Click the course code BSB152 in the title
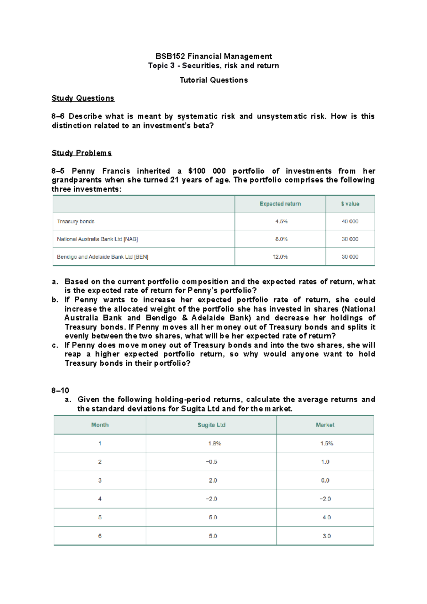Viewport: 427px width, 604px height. click(x=170, y=56)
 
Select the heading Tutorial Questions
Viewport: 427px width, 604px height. click(x=213, y=80)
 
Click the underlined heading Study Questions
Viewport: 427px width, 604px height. click(x=83, y=98)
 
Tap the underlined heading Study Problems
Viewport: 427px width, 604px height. click(x=81, y=153)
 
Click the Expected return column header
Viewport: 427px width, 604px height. click(x=280, y=204)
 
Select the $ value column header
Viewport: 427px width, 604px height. click(x=350, y=204)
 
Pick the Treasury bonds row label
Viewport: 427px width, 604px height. click(x=75, y=221)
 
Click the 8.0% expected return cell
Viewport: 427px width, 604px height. click(x=281, y=239)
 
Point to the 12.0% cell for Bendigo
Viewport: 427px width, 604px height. click(x=280, y=257)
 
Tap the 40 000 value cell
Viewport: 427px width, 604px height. click(x=350, y=221)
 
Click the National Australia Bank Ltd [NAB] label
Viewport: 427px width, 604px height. click(x=97, y=239)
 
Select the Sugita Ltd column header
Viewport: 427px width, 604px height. click(x=211, y=425)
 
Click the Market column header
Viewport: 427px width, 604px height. click(x=325, y=425)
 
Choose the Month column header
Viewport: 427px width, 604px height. click(x=100, y=425)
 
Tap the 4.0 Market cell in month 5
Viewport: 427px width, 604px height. click(x=326, y=518)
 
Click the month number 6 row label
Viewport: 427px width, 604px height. click(x=100, y=536)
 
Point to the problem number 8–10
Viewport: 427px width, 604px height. click(x=60, y=390)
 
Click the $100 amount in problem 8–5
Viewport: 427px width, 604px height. click(x=197, y=171)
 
